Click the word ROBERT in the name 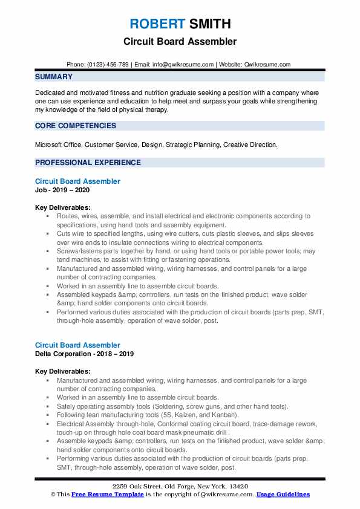(157, 24)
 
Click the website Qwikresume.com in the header (267, 64)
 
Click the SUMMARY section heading (54, 77)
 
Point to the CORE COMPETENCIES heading (76, 126)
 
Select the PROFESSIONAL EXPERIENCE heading (88, 163)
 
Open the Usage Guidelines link (283, 494)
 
